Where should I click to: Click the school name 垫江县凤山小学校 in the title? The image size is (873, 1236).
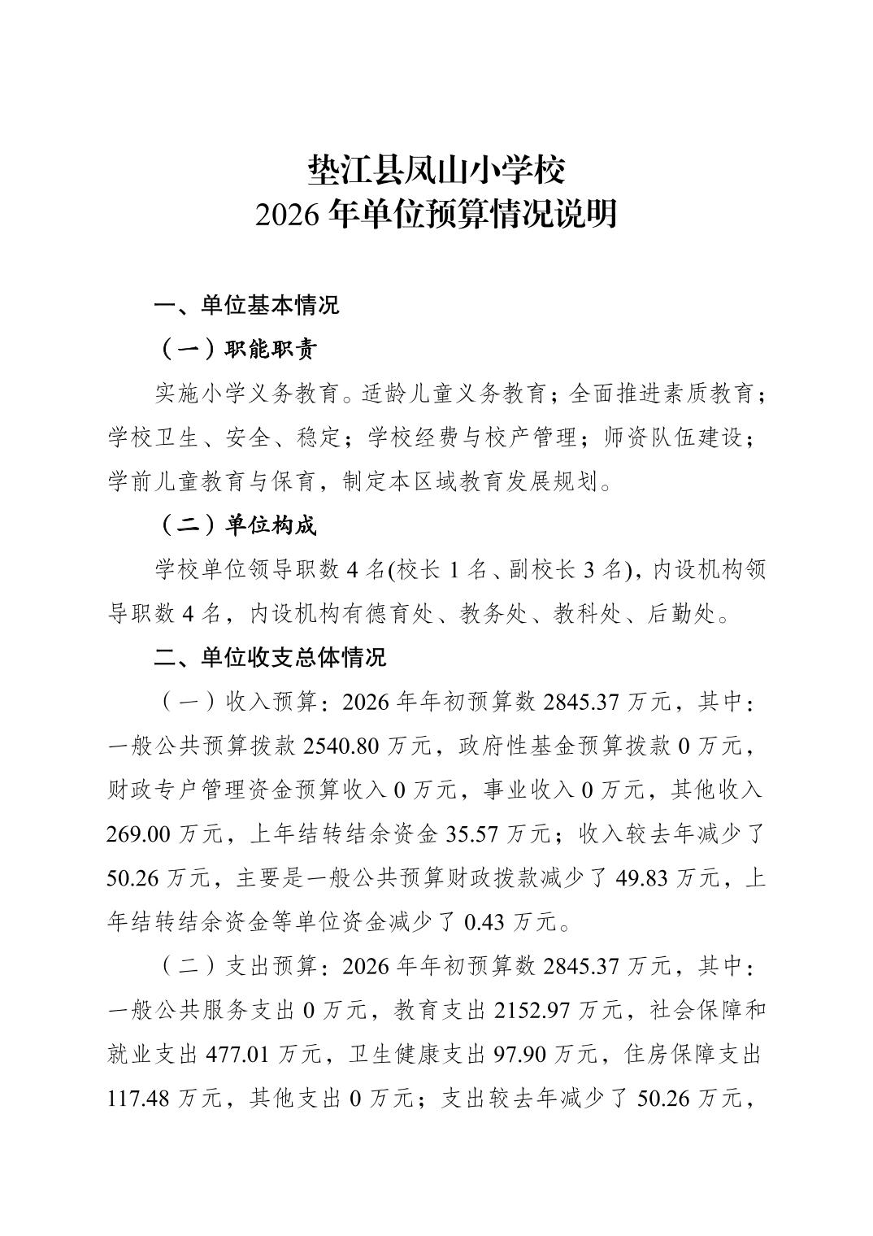pos(436,170)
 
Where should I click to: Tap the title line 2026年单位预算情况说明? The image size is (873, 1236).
pos(436,215)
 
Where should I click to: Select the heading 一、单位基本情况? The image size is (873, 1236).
pos(246,306)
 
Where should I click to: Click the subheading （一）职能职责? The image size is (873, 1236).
pos(236,350)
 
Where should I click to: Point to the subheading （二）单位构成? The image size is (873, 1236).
pos(236,525)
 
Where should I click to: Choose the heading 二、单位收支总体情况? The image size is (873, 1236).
pos(270,657)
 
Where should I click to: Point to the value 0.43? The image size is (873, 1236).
pos(485,922)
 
